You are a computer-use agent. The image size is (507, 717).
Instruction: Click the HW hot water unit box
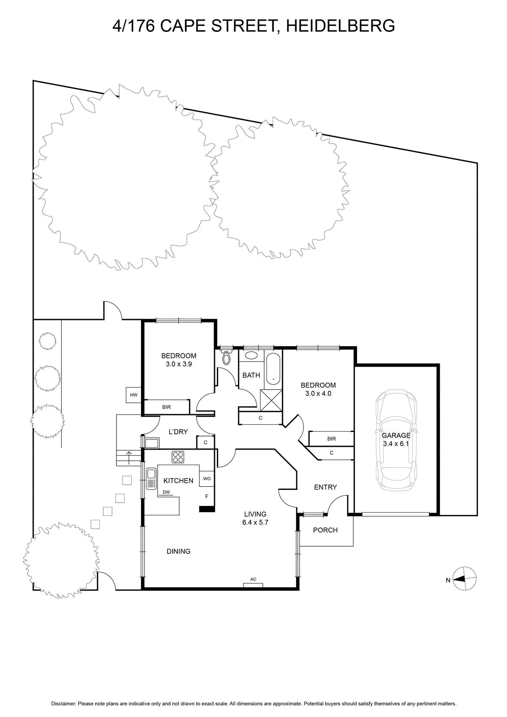tap(134, 395)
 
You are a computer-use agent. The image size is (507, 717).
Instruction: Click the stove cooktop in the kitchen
tap(178, 457)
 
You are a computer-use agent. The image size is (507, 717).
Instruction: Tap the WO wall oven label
tap(206, 479)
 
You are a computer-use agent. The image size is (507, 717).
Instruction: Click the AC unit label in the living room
tap(253, 579)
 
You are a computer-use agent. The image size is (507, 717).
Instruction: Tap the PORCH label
tap(325, 530)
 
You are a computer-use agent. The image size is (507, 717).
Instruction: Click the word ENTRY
tap(325, 487)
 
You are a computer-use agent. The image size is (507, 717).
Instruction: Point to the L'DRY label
tap(178, 432)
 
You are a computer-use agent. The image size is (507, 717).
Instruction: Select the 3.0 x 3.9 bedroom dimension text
tap(179, 364)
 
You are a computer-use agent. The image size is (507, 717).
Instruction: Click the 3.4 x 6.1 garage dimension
tap(396, 444)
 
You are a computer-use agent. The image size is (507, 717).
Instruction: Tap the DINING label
tap(179, 551)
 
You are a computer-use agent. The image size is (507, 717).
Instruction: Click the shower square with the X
tap(271, 400)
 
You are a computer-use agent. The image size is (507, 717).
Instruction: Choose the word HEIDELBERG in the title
tap(340, 26)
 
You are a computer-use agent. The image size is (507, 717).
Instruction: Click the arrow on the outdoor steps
tap(129, 458)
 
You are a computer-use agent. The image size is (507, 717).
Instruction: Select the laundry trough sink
tap(152, 443)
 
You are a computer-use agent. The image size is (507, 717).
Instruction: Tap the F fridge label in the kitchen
tap(206, 497)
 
